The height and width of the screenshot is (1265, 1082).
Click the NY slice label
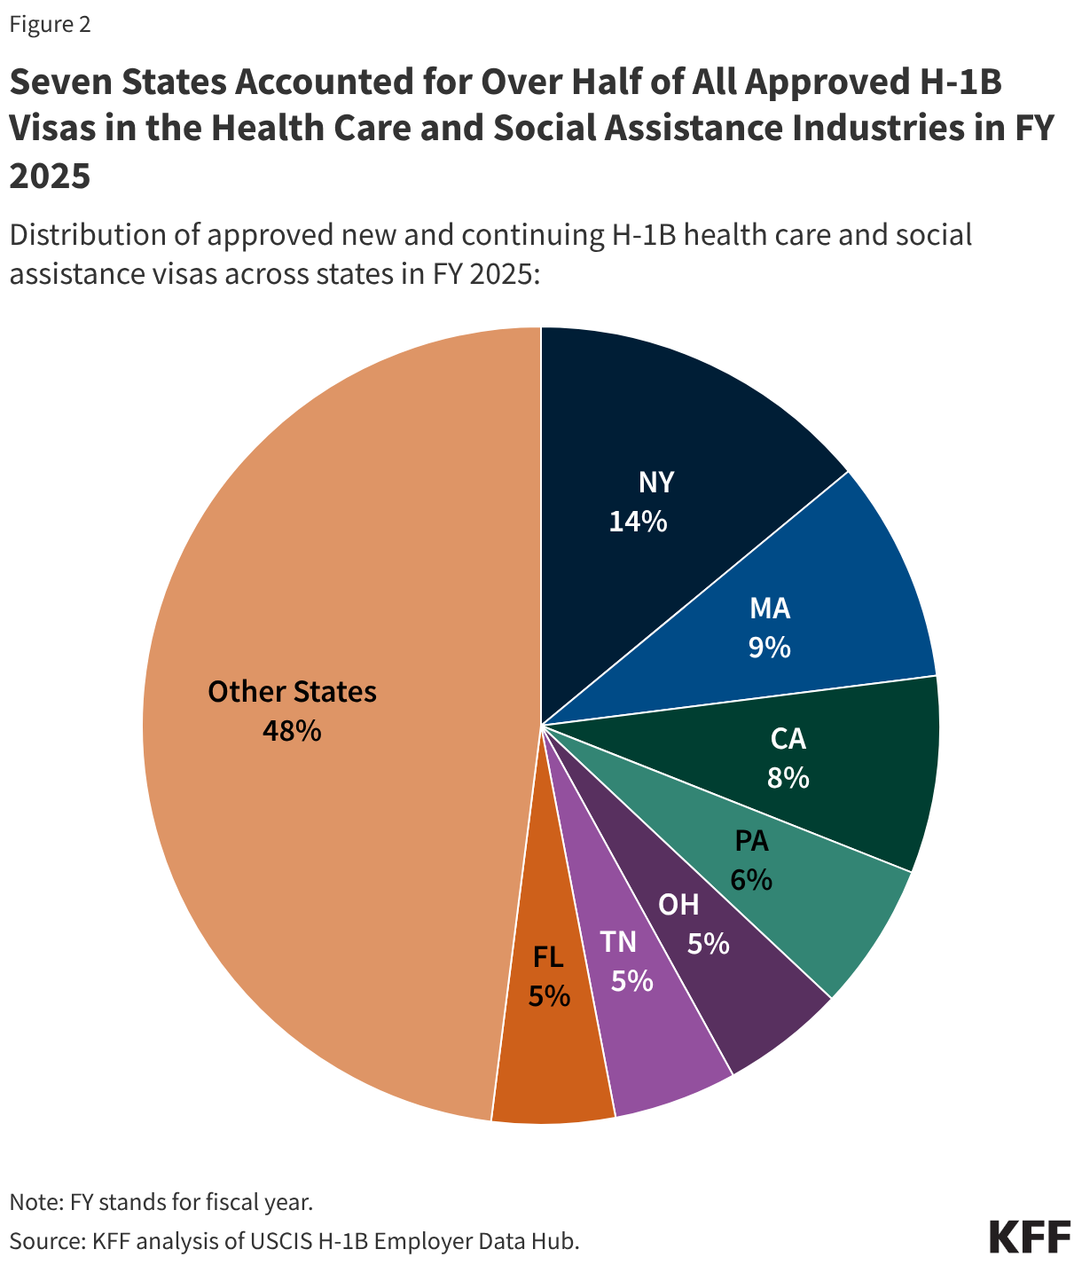655,482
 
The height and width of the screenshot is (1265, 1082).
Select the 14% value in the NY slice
638,521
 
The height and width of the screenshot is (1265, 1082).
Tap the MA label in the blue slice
769,609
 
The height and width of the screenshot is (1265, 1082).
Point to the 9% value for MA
769,648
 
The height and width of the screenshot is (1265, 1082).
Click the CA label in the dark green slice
788,739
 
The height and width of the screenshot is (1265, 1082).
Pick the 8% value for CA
788,778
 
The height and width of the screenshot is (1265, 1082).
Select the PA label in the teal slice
751,840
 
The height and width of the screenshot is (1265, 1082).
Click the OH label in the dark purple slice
678,904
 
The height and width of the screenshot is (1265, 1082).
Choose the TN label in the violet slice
617,941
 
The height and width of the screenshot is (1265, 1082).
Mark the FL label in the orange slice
548,957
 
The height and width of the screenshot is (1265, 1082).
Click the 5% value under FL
548,996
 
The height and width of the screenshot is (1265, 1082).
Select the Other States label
292,692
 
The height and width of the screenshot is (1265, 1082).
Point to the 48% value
292,731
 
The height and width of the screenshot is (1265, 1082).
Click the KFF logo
1029,1237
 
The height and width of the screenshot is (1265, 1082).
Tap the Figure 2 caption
50,25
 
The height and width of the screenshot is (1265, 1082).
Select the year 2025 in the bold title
50,176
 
